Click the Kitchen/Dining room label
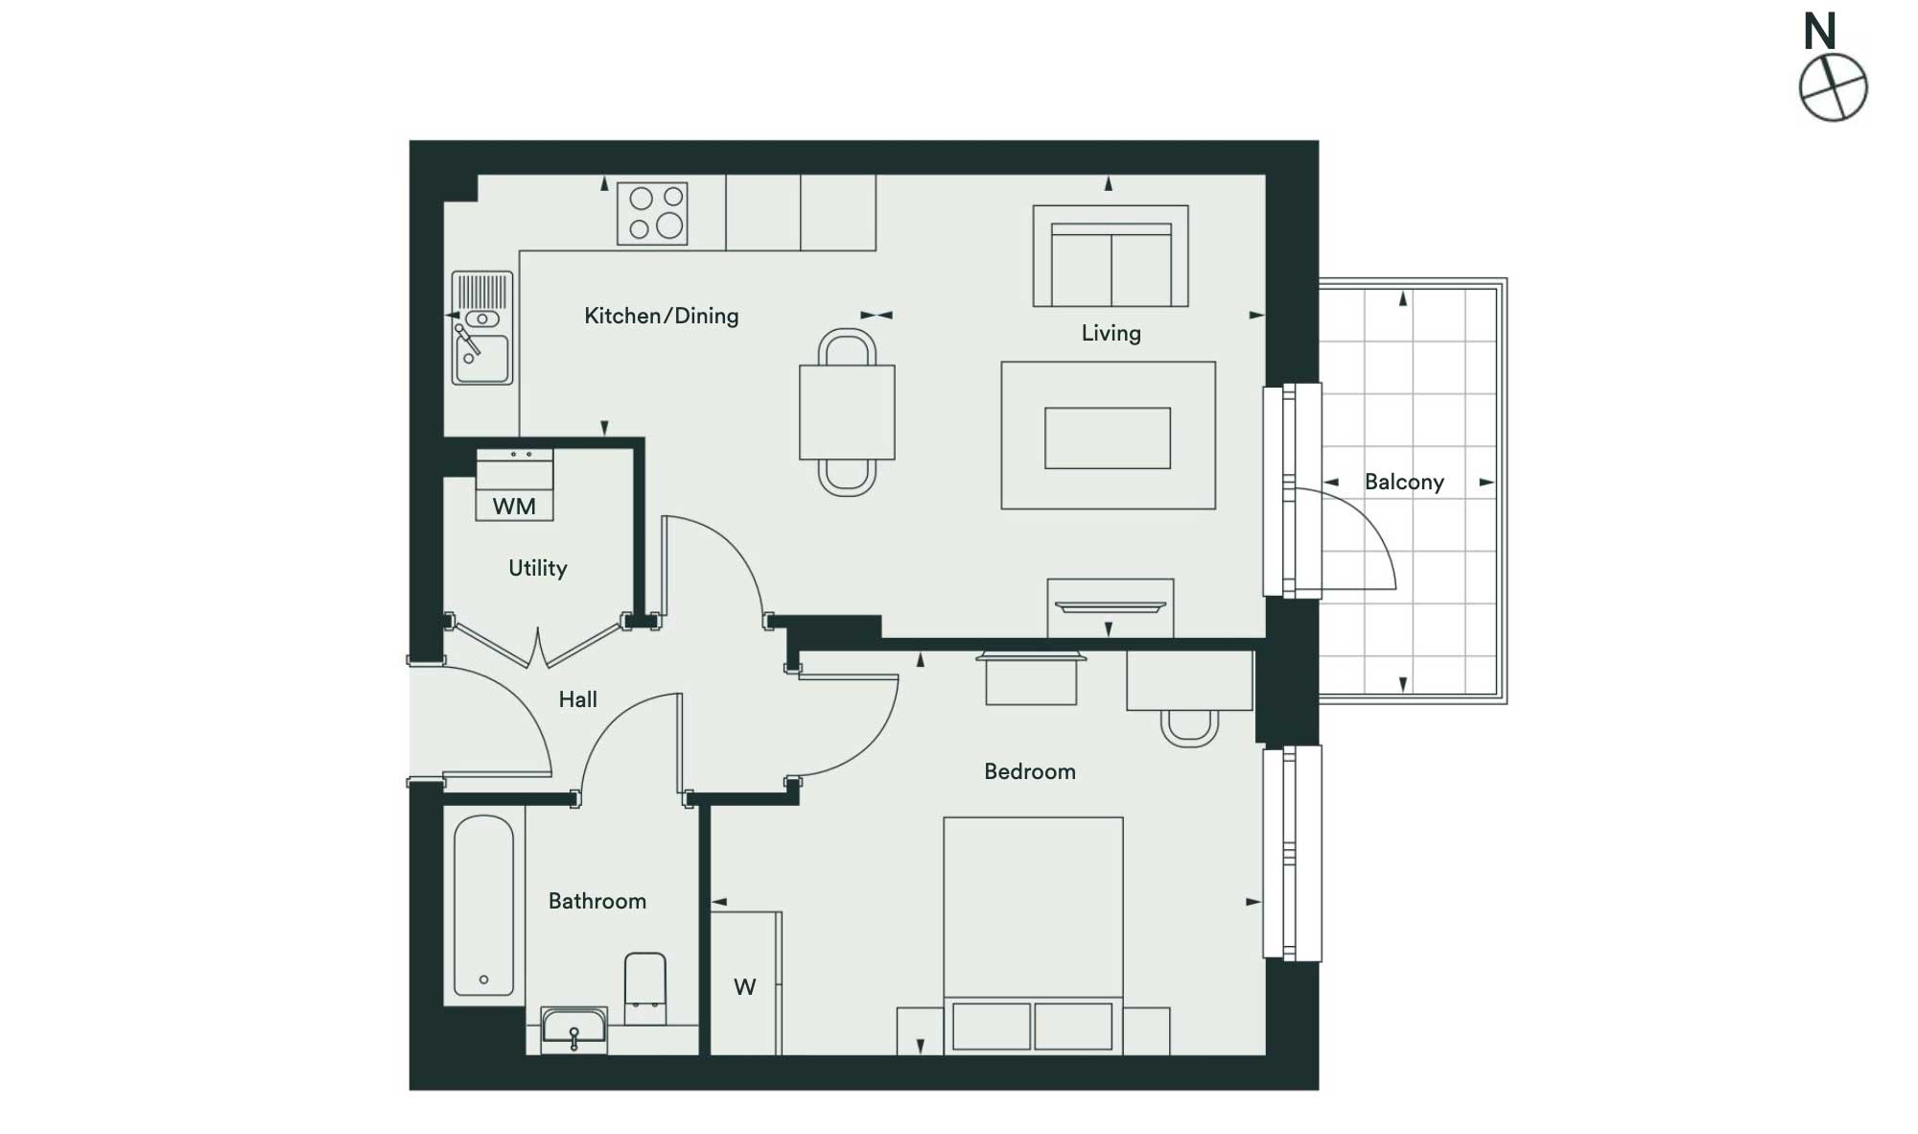pos(662,316)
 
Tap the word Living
pos(1111,333)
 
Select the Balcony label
pos(1404,482)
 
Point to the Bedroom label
pos(1030,771)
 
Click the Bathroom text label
pos(597,901)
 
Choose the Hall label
pos(578,699)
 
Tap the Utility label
pos(538,568)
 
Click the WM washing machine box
pos(515,485)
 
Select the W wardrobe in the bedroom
pos(745,983)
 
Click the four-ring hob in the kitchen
pos(652,213)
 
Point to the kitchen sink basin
pos(482,358)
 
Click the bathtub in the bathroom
pos(483,906)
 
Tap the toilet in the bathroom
pos(645,986)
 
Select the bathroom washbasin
pos(574,1028)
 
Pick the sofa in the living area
pos(1111,256)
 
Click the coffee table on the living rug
pos(1108,438)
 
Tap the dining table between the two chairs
pos(848,412)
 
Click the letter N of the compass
pos(1820,32)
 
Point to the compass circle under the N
pos(1834,55)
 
